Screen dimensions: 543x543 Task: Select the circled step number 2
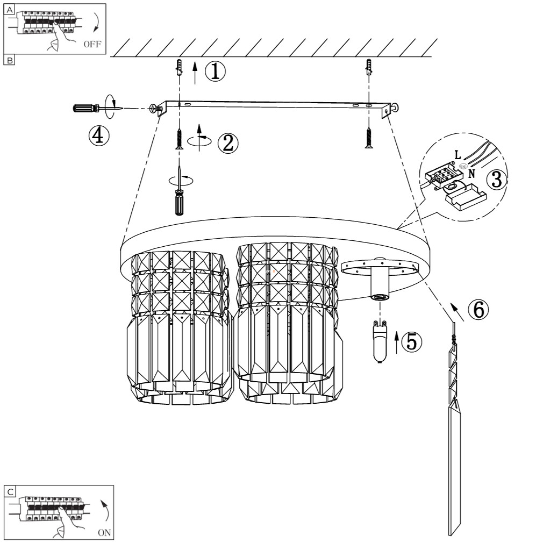(x=226, y=142)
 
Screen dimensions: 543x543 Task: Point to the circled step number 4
(x=98, y=135)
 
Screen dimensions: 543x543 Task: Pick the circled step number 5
(x=412, y=342)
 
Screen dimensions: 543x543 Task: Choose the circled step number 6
(x=478, y=309)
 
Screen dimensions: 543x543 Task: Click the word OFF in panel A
(x=92, y=44)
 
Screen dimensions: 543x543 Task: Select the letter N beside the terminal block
(x=471, y=173)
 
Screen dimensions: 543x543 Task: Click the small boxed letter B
(x=9, y=60)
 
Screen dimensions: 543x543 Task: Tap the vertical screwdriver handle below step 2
(x=178, y=202)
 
